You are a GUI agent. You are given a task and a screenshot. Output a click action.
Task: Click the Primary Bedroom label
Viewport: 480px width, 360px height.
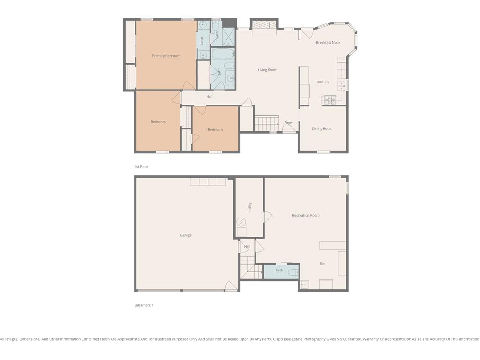tap(166, 56)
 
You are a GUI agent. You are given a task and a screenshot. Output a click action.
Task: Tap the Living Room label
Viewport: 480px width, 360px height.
tap(267, 70)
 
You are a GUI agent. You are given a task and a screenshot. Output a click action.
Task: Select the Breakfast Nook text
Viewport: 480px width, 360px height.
tap(328, 43)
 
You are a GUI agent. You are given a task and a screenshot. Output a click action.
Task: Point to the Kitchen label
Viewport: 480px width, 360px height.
tap(322, 82)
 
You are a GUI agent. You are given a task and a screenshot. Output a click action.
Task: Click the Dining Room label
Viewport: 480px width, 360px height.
tap(322, 128)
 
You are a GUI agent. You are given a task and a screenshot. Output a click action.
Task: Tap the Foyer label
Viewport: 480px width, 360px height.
tap(288, 123)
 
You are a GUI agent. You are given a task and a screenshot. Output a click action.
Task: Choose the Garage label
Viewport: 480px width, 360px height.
tap(186, 235)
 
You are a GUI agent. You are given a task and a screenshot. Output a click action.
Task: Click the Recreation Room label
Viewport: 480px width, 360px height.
tap(306, 215)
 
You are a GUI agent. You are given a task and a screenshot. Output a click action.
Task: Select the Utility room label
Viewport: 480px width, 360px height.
tap(250, 207)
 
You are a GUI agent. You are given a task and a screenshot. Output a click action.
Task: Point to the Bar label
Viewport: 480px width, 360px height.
tap(322, 263)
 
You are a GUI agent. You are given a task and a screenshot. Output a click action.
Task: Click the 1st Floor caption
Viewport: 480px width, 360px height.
tap(141, 167)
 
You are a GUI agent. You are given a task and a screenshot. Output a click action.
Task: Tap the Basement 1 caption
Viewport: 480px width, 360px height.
tap(144, 305)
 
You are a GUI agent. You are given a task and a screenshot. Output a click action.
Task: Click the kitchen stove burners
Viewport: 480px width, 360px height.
tap(329, 99)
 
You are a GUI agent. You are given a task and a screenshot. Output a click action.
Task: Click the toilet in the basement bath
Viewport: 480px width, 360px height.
tap(293, 272)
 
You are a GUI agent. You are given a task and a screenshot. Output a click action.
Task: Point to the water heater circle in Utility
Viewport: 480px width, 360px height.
tap(241, 221)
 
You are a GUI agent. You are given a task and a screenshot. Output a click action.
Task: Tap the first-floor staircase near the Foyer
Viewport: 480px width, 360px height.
tap(266, 123)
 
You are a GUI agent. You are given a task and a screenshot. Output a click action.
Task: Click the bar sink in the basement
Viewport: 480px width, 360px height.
tap(304, 285)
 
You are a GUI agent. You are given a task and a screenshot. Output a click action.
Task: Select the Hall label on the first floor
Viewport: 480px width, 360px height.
tap(210, 96)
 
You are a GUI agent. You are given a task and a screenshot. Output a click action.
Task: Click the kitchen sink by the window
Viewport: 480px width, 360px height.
tap(341, 86)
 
